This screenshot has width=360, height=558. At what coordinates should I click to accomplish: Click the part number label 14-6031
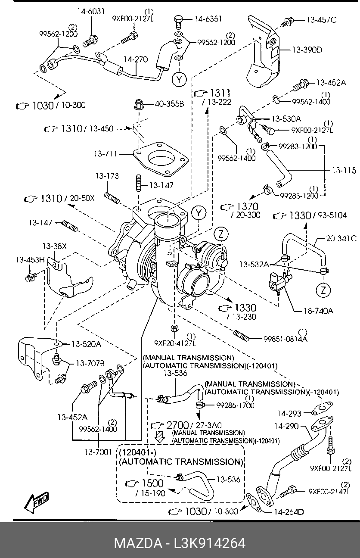(x=90, y=12)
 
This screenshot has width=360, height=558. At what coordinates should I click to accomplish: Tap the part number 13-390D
(x=307, y=50)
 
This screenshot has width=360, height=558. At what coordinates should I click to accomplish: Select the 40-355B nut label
(x=169, y=103)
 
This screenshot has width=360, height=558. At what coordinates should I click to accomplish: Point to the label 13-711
(x=106, y=154)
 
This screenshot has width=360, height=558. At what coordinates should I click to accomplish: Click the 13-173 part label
(x=107, y=176)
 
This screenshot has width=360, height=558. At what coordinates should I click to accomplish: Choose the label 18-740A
(x=318, y=311)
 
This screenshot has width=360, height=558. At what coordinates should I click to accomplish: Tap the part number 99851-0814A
(x=286, y=339)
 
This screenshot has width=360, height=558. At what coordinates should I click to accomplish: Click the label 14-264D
(x=289, y=512)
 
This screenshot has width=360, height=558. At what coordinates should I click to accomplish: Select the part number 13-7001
(x=98, y=452)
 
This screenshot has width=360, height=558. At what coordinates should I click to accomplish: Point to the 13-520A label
(x=87, y=344)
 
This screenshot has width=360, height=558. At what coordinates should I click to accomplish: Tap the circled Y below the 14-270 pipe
(x=179, y=80)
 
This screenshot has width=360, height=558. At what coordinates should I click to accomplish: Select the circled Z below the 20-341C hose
(x=323, y=290)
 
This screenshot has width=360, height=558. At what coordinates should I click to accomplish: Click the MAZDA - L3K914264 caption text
(x=180, y=543)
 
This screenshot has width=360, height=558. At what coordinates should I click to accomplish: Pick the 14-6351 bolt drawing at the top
(x=178, y=22)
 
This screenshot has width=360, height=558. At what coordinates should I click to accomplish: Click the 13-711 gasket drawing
(x=160, y=159)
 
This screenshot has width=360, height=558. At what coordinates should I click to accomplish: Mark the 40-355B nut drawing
(x=139, y=104)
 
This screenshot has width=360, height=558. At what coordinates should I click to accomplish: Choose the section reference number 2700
(x=177, y=425)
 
